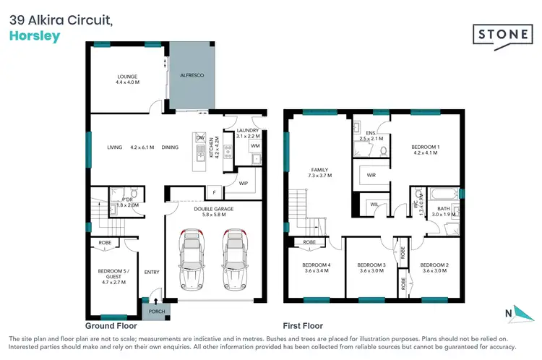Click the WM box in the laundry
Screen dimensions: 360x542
pos(255,146)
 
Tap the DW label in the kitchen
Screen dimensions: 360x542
pos(199,137)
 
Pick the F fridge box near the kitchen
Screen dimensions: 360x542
pos(214,192)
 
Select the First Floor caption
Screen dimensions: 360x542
pos(303,326)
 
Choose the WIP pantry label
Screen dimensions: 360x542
pos(244,184)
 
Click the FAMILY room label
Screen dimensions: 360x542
pos(319,171)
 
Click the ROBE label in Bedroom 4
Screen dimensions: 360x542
pos(310,242)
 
